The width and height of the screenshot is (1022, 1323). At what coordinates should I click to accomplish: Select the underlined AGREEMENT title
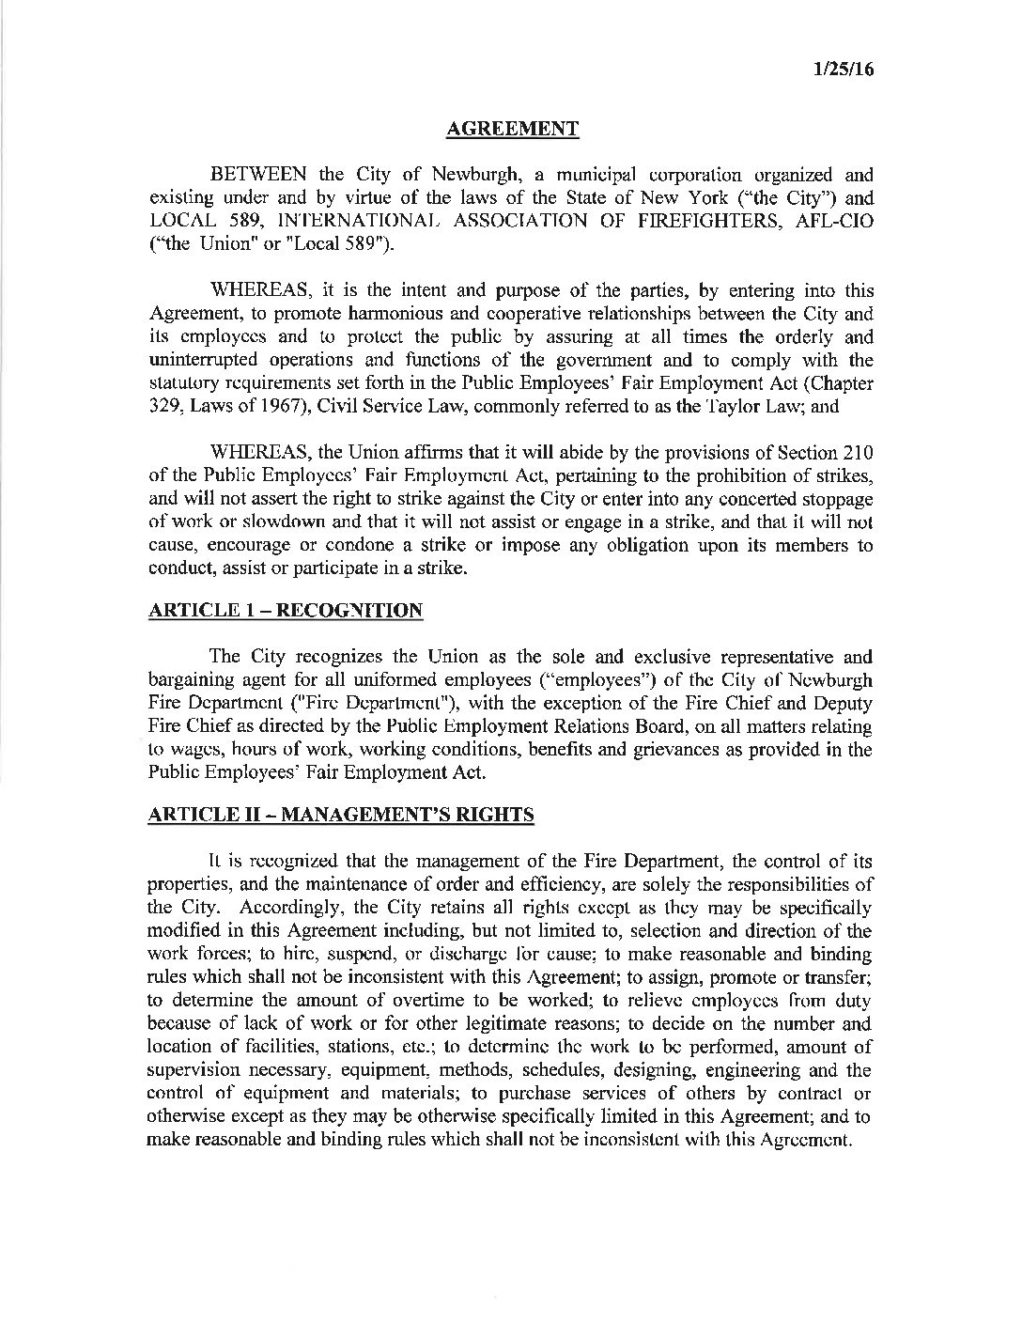click(x=511, y=129)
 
